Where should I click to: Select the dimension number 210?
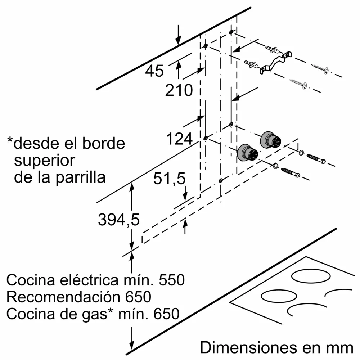tap(179, 90)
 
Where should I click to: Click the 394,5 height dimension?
tap(118, 220)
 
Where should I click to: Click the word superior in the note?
tap(44, 161)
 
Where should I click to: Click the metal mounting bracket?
tap(274, 62)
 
